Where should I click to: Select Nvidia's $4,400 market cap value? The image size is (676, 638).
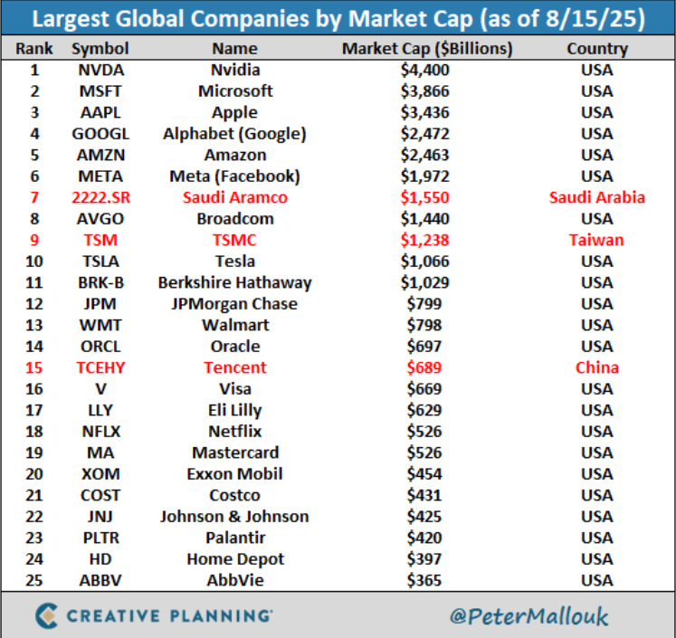click(424, 70)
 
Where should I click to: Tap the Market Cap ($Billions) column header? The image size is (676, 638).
click(427, 48)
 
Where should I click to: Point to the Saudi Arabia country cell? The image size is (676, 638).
click(596, 197)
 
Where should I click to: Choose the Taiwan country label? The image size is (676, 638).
click(596, 240)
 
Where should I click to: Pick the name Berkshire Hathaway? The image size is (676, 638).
click(234, 282)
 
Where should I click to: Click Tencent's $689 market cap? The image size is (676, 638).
click(424, 367)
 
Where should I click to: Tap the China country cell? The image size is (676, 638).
click(596, 367)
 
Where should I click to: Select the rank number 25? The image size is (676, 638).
click(35, 580)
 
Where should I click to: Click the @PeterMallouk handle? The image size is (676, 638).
click(530, 616)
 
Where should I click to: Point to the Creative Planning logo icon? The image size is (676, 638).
click(45, 615)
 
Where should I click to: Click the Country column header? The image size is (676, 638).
click(596, 48)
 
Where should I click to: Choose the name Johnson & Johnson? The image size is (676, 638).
click(234, 517)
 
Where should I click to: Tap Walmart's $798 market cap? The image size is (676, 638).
click(424, 325)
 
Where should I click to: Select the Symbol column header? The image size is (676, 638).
click(100, 48)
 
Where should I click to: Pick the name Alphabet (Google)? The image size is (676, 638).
click(234, 134)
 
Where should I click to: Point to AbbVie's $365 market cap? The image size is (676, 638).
click(424, 580)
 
